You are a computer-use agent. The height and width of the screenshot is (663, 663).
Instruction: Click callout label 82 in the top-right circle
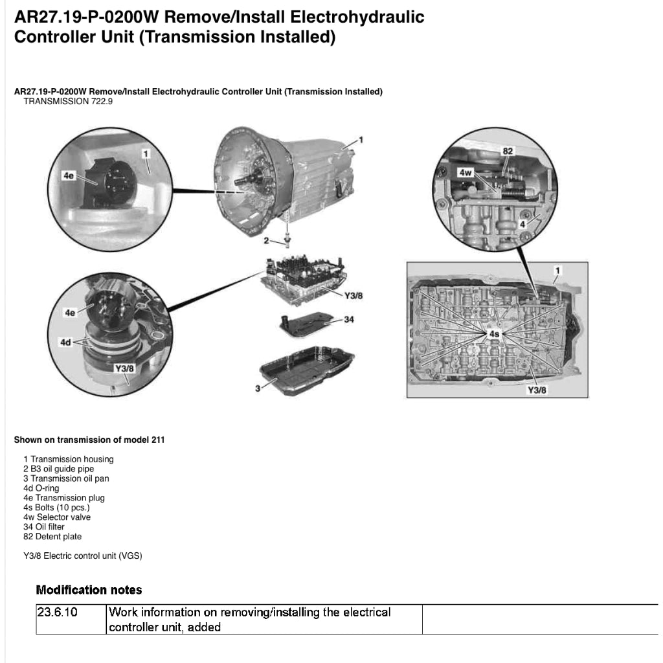pyautogui.click(x=508, y=151)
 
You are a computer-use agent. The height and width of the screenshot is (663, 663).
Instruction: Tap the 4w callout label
pyautogui.click(x=466, y=172)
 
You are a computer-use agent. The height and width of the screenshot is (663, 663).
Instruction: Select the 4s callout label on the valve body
pyautogui.click(x=494, y=334)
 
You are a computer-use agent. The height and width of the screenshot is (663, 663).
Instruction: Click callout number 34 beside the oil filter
pyautogui.click(x=349, y=320)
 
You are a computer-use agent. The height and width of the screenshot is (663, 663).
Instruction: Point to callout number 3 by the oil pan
pyautogui.click(x=258, y=388)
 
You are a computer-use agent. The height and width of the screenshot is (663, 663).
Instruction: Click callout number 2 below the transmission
pyautogui.click(x=266, y=241)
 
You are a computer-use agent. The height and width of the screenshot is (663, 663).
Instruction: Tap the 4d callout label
pyautogui.click(x=65, y=343)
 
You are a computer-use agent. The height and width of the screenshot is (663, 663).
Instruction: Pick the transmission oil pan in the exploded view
pyautogui.click(x=307, y=370)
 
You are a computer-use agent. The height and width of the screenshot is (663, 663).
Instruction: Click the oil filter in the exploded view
pyautogui.click(x=306, y=324)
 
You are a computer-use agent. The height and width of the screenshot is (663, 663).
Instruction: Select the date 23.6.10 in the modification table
pyautogui.click(x=57, y=612)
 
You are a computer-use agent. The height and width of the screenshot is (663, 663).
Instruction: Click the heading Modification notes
pyautogui.click(x=89, y=590)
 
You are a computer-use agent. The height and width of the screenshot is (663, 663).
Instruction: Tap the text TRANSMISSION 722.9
pyautogui.click(x=68, y=102)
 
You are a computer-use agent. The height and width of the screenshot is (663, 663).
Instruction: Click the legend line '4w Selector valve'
pyautogui.click(x=57, y=517)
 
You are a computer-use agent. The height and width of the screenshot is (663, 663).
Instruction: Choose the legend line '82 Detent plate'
pyautogui.click(x=52, y=537)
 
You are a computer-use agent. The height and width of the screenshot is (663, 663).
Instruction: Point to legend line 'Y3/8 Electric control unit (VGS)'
pyautogui.click(x=83, y=556)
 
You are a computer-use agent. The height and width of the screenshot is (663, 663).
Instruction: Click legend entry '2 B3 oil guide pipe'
pyautogui.click(x=59, y=469)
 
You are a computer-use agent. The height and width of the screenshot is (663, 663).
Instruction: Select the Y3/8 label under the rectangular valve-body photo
pyautogui.click(x=537, y=390)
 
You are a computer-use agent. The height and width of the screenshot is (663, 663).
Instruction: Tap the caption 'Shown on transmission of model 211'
pyautogui.click(x=89, y=440)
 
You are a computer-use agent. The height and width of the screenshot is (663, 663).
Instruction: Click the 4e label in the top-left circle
pyautogui.click(x=69, y=175)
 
